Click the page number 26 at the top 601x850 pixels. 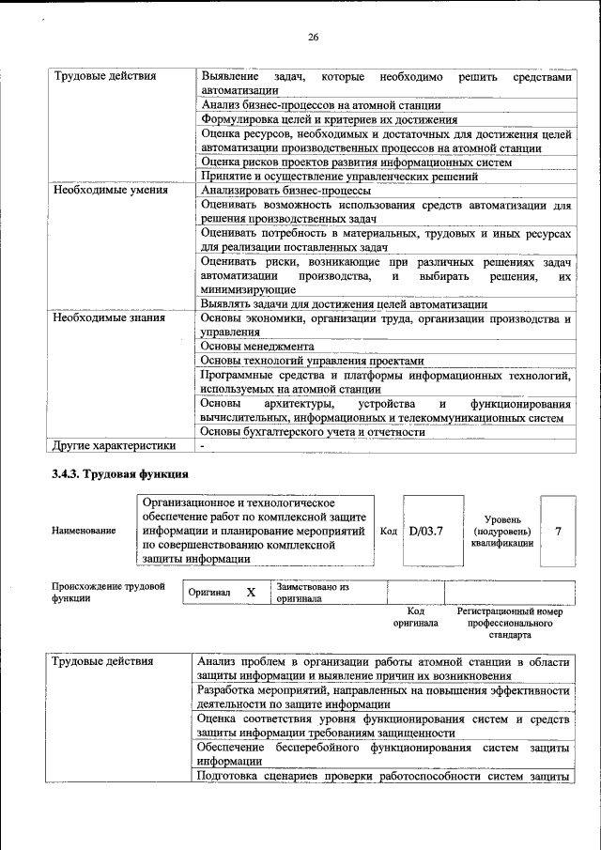(314, 38)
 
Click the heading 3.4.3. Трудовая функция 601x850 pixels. (121, 473)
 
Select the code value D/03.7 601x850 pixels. (425, 532)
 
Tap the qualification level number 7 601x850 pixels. (559, 532)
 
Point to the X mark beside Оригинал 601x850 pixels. (251, 593)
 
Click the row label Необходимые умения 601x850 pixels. (110, 190)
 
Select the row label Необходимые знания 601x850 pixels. (109, 317)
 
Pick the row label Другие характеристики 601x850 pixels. (114, 445)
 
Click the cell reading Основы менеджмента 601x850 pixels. (257, 346)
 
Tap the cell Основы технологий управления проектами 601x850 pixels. (313, 360)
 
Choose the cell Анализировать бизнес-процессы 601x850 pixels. (285, 190)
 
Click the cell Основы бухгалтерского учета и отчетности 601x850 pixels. (313, 431)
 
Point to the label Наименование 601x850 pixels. (85, 532)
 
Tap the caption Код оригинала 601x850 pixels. (416, 616)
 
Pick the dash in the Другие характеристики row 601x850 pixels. (202, 445)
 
